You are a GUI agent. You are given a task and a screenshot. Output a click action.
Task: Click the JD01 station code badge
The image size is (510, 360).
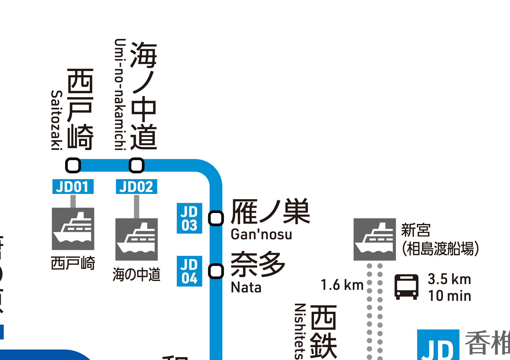(73, 187)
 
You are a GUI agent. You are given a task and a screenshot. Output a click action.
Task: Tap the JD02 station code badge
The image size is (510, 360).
(136, 187)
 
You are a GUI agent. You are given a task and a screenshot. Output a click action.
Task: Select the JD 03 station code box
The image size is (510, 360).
(189, 218)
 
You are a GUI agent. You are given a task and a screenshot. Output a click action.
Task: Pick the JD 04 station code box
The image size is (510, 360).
(189, 271)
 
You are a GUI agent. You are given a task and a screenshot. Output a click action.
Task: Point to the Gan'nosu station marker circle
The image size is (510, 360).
(216, 219)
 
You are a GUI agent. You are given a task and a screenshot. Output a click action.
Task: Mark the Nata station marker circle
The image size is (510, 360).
(216, 271)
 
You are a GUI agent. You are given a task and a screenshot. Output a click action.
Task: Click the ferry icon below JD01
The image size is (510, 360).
(73, 229)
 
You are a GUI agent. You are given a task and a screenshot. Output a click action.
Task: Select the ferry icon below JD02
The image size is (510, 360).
(136, 239)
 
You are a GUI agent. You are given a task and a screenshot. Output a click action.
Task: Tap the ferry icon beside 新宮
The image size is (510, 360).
(375, 239)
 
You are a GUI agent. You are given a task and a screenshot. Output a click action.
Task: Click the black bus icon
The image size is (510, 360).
(406, 287)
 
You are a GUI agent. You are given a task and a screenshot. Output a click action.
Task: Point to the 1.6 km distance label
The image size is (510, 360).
(342, 285)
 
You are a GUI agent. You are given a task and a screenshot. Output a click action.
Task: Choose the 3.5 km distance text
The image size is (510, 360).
(449, 279)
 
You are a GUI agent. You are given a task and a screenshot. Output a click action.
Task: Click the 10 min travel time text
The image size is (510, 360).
(449, 296)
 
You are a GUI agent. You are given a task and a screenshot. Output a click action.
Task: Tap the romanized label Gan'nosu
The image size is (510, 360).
(261, 234)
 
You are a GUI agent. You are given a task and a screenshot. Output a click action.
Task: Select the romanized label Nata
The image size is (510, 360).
(246, 287)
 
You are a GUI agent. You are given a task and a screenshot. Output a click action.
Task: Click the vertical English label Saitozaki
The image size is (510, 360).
(56, 120)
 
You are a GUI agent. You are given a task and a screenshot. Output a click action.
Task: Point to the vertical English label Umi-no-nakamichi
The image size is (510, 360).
(120, 94)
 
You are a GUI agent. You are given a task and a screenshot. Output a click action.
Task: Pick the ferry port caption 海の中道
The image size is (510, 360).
(136, 275)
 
